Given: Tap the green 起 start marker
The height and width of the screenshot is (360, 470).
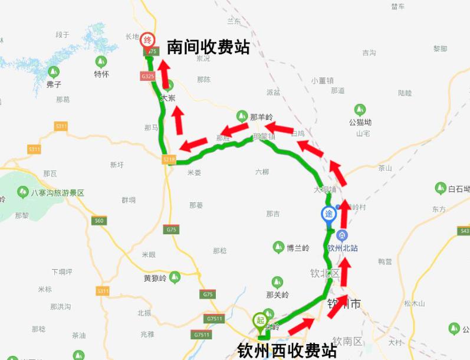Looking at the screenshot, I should (259, 320).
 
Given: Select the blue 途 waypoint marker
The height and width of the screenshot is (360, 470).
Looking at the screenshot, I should (328, 214).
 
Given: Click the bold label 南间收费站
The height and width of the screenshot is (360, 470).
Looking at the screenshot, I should (208, 47).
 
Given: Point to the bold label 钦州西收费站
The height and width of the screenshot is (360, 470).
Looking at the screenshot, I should (287, 351).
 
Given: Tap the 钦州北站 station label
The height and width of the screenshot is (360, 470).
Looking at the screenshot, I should (343, 248).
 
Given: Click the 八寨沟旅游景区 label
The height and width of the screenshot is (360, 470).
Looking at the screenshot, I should (58, 192).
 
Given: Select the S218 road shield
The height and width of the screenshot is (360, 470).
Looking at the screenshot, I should (169, 159).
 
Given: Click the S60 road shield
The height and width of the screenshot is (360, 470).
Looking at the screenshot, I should (99, 221).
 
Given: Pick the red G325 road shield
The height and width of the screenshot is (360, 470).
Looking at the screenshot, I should (147, 76).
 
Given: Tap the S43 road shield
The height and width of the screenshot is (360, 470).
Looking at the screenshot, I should (464, 230).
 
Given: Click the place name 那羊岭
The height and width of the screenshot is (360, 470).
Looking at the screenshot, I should (262, 117).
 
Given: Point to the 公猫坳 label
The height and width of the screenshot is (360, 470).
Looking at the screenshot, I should (360, 123).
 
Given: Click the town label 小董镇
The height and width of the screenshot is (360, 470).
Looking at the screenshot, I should (323, 80).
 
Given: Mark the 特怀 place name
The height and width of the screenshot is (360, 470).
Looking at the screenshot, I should (101, 74).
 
